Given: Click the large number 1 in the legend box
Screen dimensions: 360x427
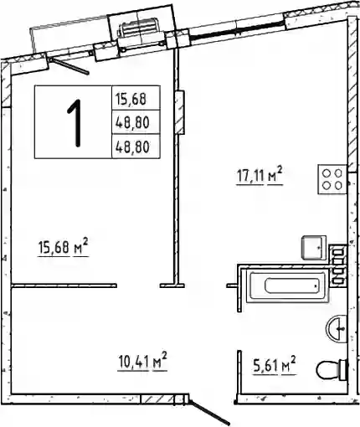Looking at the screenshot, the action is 75,123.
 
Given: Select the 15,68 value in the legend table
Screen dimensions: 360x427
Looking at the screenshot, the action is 131,99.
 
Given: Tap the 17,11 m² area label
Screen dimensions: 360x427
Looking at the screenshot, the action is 260,176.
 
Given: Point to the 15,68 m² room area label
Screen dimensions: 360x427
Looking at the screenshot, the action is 63,247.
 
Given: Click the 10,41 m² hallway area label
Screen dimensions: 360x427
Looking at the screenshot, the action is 142,362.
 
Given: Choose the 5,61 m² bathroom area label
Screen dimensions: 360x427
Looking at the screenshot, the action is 275,365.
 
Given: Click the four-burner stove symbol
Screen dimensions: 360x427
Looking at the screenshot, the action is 332,179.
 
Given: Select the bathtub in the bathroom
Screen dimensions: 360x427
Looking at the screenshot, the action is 287,286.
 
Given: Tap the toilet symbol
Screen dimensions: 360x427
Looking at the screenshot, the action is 332,369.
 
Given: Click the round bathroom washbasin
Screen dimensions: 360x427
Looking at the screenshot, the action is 337,328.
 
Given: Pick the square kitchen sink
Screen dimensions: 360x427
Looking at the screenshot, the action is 314,248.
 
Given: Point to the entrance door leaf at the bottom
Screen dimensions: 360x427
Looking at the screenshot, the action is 209,412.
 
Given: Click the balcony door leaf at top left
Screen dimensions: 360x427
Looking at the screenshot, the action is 69,66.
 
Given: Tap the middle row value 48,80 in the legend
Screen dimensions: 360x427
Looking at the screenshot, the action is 132,122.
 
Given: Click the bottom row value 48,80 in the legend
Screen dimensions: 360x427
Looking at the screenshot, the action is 132,147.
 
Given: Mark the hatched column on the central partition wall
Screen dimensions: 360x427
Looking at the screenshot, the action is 179,112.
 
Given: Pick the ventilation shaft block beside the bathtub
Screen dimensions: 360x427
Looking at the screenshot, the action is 338,265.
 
